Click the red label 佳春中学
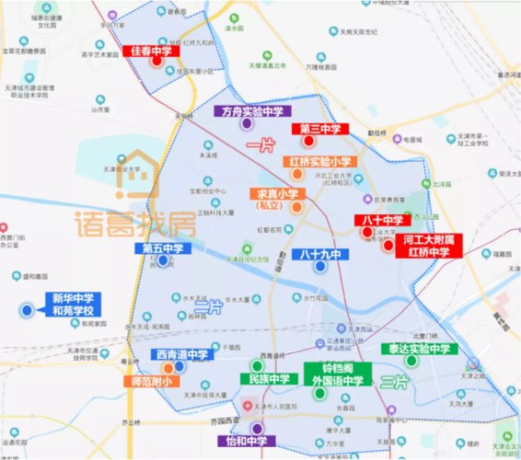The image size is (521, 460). tap(151, 52)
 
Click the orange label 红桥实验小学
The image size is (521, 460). tap(319, 162)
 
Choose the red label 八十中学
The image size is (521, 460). tap(381, 221)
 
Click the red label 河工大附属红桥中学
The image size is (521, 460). tap(430, 245)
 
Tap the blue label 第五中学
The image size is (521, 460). tap(162, 248)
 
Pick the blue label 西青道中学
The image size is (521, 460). tap(179, 355)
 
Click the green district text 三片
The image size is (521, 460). tap(394, 382)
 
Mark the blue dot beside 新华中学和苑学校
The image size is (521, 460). tap(28, 311)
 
